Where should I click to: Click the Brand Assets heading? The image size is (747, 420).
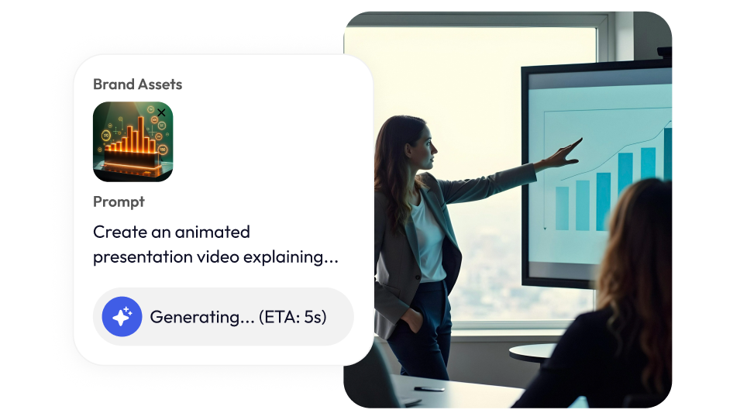[x=138, y=84]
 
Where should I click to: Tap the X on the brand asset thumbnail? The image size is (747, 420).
[x=161, y=112]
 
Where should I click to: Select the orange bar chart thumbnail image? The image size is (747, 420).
[x=133, y=142]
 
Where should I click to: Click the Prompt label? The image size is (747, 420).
[x=119, y=202]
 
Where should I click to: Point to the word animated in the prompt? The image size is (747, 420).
[x=212, y=232]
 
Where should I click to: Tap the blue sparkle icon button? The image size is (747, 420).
[x=122, y=317]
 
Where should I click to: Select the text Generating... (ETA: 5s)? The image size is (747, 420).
[x=238, y=317]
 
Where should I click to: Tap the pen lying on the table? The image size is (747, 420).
[x=429, y=389]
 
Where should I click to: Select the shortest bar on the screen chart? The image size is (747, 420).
[x=562, y=208]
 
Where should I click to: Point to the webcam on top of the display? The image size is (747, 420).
[x=663, y=52]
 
